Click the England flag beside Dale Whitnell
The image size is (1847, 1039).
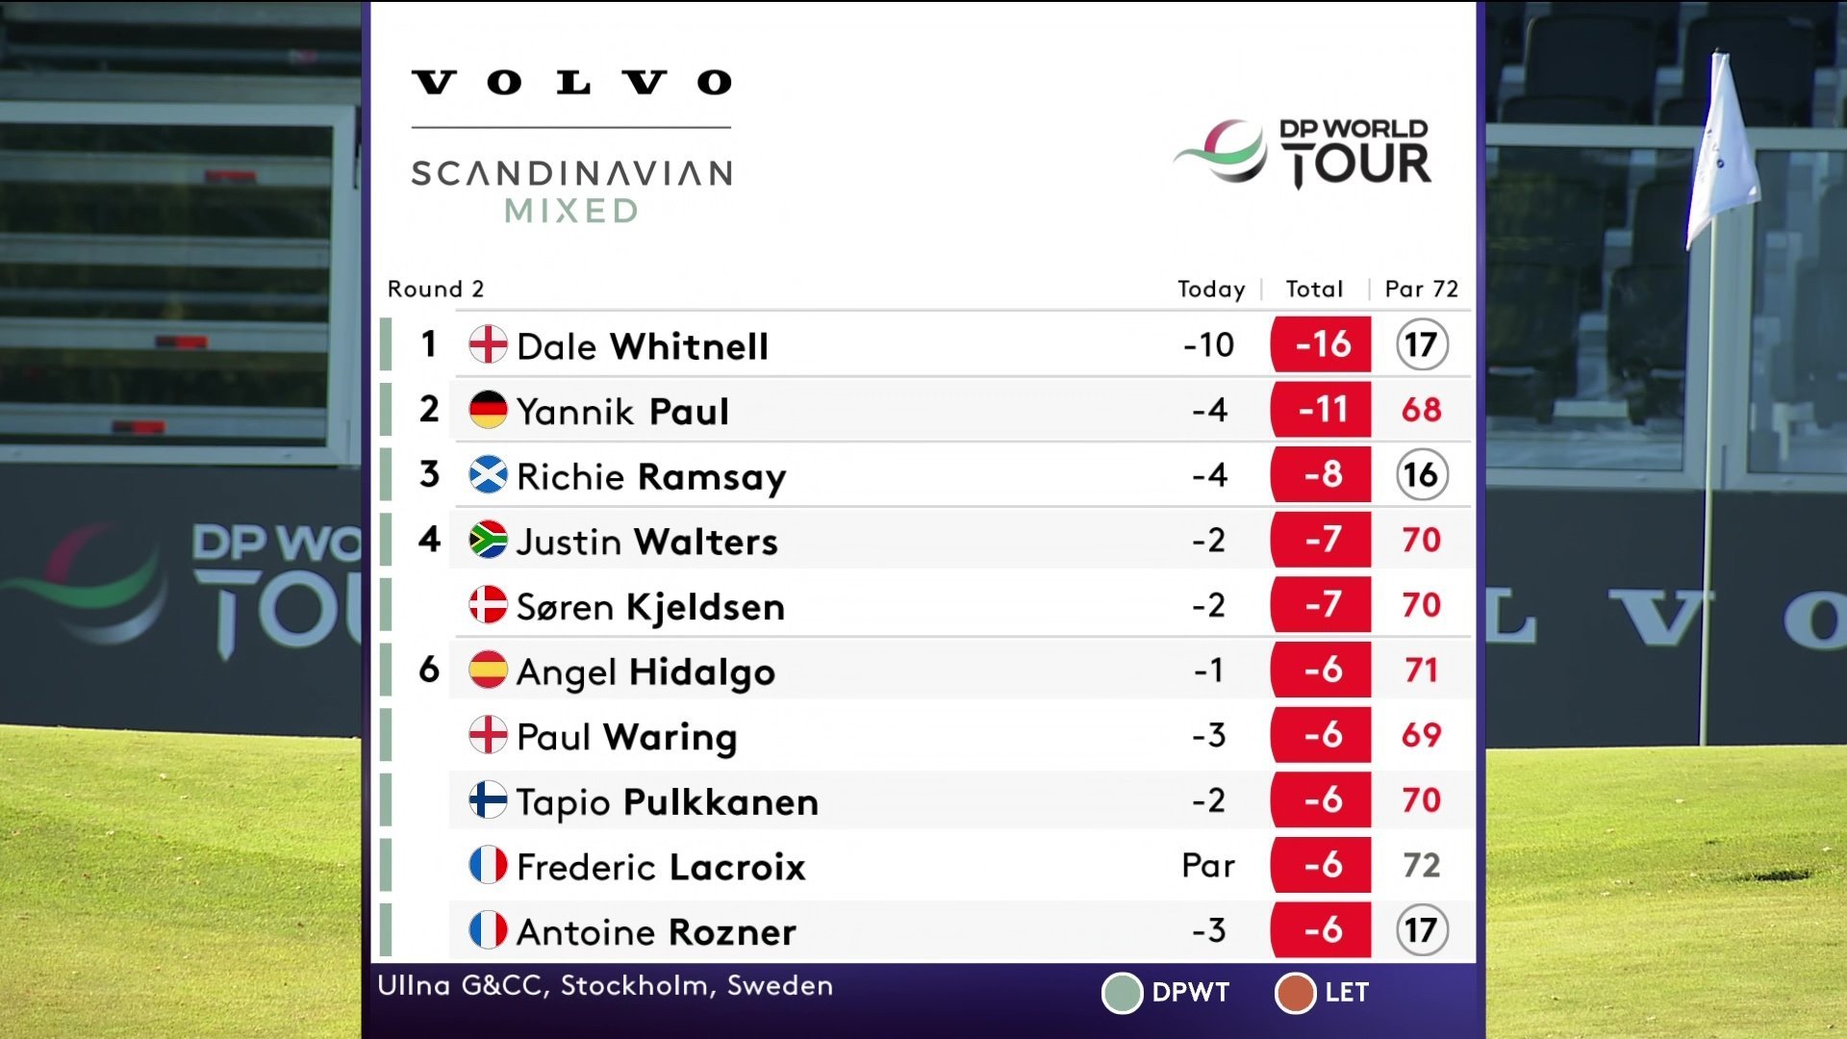tap(488, 344)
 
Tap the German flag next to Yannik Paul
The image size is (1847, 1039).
tap(488, 410)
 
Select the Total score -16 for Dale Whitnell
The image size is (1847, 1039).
tap(1321, 344)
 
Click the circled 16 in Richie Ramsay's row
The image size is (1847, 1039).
tap(1421, 474)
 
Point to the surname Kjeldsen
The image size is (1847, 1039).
tap(705, 607)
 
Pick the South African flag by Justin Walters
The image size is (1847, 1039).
tap(488, 540)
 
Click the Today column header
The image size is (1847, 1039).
tap(1210, 290)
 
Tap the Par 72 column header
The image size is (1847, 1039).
tap(1421, 290)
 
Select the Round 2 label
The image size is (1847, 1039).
tap(435, 290)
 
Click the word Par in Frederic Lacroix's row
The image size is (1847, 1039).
tap(1207, 866)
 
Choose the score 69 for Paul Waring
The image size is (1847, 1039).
tap(1421, 735)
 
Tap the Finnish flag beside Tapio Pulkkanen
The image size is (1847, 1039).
tap(488, 799)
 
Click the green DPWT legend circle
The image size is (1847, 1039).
tap(1121, 993)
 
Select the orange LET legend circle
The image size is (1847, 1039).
tap(1294, 993)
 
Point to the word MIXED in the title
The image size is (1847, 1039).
tap(571, 211)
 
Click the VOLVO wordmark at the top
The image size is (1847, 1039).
tap(571, 83)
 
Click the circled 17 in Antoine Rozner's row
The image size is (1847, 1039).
tap(1421, 930)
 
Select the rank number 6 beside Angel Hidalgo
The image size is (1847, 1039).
tap(429, 670)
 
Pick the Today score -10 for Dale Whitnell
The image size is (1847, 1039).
tap(1208, 344)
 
